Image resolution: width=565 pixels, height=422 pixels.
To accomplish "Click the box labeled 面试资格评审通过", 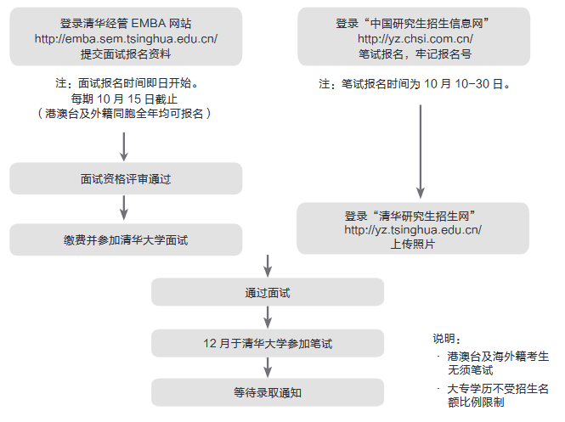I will click(x=125, y=180).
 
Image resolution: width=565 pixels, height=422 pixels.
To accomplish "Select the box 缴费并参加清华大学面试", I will click(x=125, y=240).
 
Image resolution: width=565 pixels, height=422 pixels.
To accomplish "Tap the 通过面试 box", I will click(x=268, y=293).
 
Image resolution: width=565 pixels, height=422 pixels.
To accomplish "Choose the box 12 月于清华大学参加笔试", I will click(x=268, y=344).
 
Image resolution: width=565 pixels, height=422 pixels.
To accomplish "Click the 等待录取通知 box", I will click(x=268, y=392).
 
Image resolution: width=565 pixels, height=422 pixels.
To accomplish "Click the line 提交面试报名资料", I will click(x=125, y=53).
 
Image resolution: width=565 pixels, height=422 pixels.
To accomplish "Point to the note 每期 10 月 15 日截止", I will click(x=125, y=98).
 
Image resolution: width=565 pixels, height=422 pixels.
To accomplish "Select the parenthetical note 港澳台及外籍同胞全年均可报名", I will click(x=125, y=113).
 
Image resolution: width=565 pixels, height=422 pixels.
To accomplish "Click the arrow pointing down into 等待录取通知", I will click(x=268, y=367).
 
